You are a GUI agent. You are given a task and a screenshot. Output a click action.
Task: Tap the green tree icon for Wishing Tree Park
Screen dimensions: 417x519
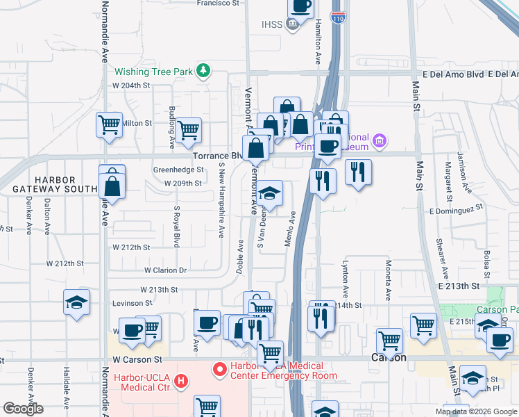coord(203,70)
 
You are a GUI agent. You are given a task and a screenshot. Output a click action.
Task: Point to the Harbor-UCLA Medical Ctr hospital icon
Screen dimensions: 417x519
coord(182,381)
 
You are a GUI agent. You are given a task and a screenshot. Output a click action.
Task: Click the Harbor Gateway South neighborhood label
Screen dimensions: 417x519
coord(55,184)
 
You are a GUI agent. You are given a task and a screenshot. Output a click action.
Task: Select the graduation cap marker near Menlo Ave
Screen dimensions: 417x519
coord(269,193)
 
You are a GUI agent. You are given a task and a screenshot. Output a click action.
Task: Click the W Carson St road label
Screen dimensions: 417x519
coord(137,360)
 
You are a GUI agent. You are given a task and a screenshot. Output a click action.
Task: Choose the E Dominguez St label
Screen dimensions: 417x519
coord(455,209)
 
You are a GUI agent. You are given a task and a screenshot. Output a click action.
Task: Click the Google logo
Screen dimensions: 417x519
coord(23,409)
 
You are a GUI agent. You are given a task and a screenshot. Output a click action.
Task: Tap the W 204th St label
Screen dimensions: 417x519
coord(132,85)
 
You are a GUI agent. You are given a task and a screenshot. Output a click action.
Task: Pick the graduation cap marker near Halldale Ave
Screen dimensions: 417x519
coord(77,303)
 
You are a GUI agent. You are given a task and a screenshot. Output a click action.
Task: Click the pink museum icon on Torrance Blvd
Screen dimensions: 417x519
coord(379,142)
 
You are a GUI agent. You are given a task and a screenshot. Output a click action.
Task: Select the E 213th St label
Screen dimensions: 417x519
coord(458,286)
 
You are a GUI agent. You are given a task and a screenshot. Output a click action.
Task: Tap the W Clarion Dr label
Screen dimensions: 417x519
coord(165,270)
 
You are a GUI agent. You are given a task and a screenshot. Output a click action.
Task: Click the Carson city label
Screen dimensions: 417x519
coord(389,358)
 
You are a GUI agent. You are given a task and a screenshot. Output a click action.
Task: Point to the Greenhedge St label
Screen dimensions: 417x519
coord(178,170)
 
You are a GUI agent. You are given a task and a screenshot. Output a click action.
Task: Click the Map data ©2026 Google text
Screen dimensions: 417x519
coord(475,411)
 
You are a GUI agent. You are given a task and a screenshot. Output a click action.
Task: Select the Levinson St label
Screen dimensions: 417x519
coord(133,303)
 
